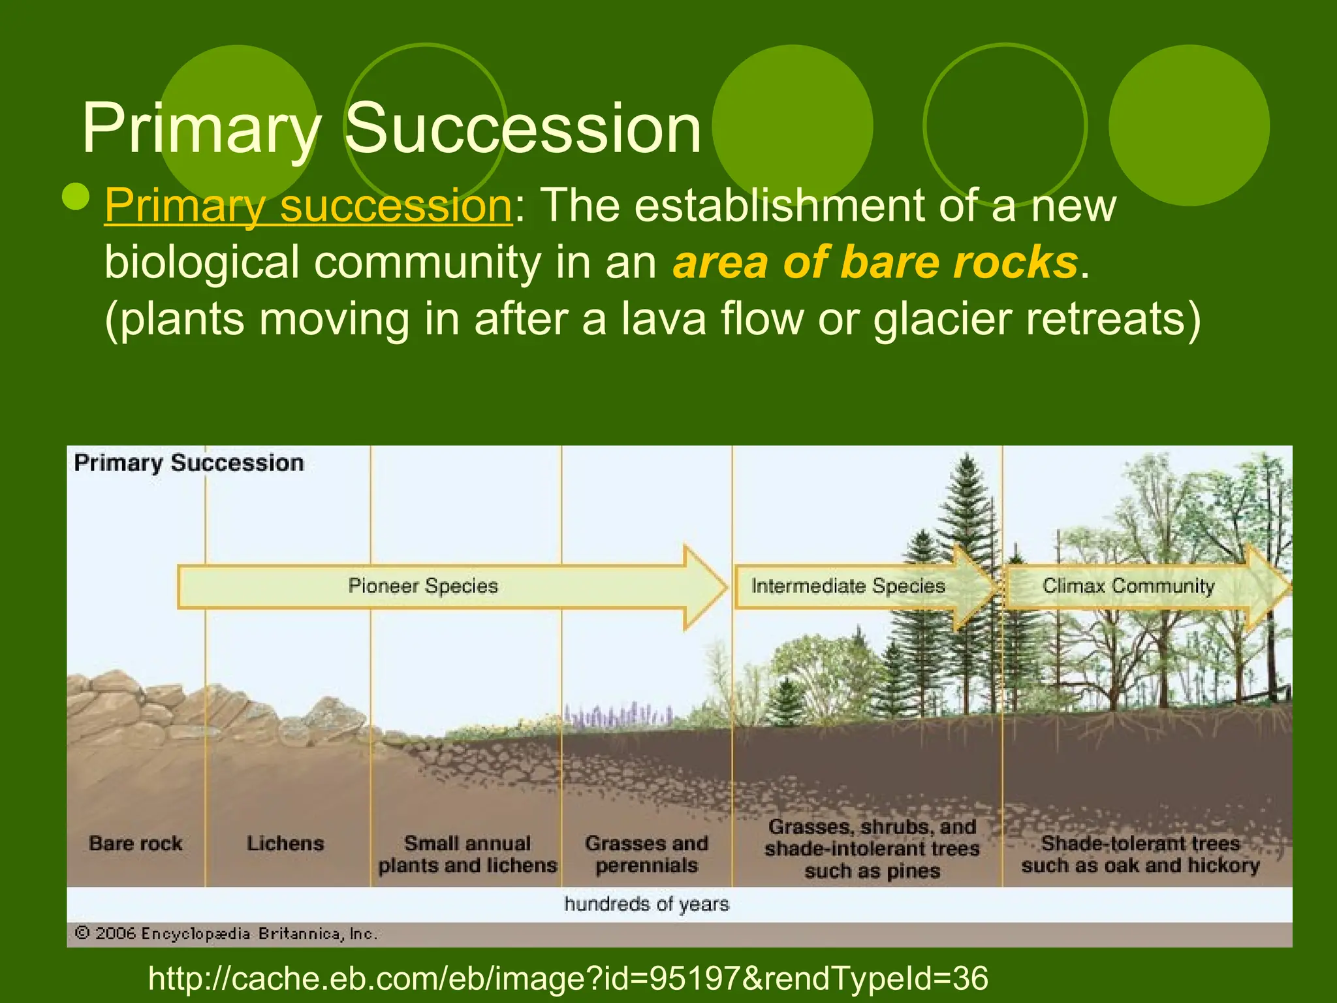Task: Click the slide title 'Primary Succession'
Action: pyautogui.click(x=392, y=129)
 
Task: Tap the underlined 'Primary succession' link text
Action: pyautogui.click(x=308, y=206)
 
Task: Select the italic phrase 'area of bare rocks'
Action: pyautogui.click(x=875, y=263)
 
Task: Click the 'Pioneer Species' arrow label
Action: pyautogui.click(x=423, y=586)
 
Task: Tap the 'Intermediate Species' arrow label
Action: pyautogui.click(x=848, y=586)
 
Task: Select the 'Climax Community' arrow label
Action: pyautogui.click(x=1128, y=586)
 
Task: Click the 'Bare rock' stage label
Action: pyautogui.click(x=136, y=843)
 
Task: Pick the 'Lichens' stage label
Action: pyautogui.click(x=285, y=843)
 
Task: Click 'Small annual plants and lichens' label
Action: pyautogui.click(x=467, y=854)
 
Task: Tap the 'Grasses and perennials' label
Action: pyautogui.click(x=646, y=854)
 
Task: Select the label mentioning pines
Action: pyautogui.click(x=872, y=849)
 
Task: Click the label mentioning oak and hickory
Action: pyautogui.click(x=1140, y=854)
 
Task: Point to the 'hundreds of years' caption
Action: pyautogui.click(x=646, y=904)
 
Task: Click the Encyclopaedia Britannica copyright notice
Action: pyautogui.click(x=226, y=934)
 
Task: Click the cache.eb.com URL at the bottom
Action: pyautogui.click(x=568, y=978)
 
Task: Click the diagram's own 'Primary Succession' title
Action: pyautogui.click(x=189, y=463)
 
